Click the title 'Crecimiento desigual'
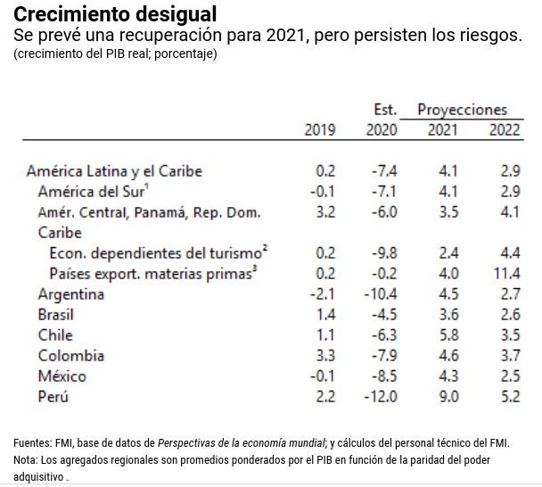click(x=114, y=15)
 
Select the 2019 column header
click(x=320, y=130)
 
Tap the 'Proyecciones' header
click(x=462, y=110)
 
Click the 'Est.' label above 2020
click(x=384, y=110)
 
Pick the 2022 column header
click(x=505, y=130)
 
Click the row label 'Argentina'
click(x=70, y=294)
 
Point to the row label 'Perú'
click(x=53, y=397)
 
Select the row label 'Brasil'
click(x=55, y=315)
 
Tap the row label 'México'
click(x=62, y=376)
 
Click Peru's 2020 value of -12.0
click(x=381, y=397)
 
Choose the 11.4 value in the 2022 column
click(x=506, y=274)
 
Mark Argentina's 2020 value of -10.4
click(x=381, y=294)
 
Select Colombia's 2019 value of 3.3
click(x=325, y=356)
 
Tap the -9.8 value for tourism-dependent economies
click(x=384, y=253)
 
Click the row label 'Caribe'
click(x=60, y=233)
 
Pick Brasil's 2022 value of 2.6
click(x=511, y=315)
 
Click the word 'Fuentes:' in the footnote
click(x=32, y=443)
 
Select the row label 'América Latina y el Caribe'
click(x=114, y=171)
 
